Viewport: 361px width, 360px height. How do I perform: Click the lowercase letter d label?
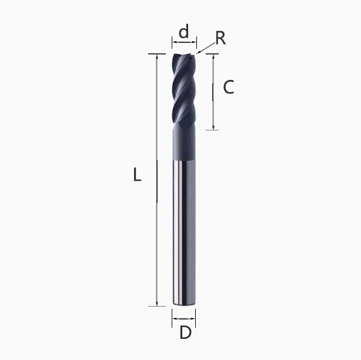point(184,32)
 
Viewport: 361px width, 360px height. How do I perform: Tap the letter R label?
point(220,38)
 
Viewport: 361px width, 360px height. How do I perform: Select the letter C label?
point(229,87)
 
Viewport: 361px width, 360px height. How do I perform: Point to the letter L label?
point(136,175)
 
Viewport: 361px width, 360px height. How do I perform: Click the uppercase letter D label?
point(185,333)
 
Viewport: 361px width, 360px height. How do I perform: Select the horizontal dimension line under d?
point(184,43)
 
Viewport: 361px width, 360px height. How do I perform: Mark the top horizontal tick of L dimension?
point(157,54)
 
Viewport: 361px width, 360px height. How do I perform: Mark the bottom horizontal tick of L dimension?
point(157,305)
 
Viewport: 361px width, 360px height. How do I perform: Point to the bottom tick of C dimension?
point(213,130)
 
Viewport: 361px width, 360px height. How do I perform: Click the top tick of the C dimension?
point(212,54)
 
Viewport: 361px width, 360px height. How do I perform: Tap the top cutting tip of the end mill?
point(184,56)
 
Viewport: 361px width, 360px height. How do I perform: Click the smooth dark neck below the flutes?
point(184,144)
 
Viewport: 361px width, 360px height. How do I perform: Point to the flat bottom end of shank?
point(184,304)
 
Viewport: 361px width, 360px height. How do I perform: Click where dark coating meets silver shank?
point(184,160)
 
